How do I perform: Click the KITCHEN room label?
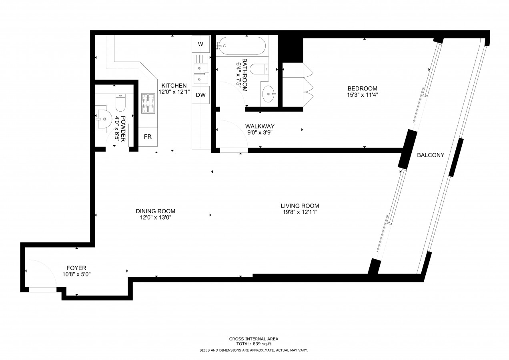click(174, 86)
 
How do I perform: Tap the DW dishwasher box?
click(200, 95)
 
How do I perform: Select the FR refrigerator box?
click(148, 137)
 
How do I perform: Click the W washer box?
click(200, 44)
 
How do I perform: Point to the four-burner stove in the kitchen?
click(148, 103)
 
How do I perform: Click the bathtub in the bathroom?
click(241, 46)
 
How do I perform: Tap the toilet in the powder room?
click(120, 103)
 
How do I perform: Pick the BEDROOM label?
click(362, 88)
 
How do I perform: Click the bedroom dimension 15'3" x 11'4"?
click(362, 95)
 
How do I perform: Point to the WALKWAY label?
click(260, 126)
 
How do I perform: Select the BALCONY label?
click(431, 155)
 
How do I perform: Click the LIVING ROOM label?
click(300, 206)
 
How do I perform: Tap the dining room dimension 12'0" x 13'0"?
click(155, 218)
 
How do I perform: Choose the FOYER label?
click(76, 268)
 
